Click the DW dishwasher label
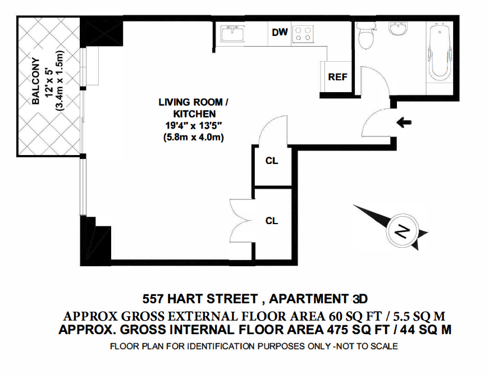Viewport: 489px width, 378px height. tap(280, 32)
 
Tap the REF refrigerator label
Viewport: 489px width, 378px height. tap(337, 77)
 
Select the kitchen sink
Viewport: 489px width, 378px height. tap(232, 33)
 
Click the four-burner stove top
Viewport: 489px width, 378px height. tap(303, 34)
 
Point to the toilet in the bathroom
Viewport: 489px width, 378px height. tap(364, 35)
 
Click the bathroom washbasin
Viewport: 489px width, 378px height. tap(399, 29)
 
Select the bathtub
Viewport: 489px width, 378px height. tap(440, 53)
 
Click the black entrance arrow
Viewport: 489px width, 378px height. tap(404, 122)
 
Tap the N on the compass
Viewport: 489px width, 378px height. tap(402, 231)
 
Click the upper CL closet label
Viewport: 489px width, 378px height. tap(271, 161)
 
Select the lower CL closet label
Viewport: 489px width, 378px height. tap(271, 221)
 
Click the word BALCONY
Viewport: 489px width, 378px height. tap(36, 81)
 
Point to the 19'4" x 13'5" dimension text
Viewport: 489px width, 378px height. tap(193, 126)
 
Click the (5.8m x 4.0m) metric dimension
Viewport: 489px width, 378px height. tap(193, 137)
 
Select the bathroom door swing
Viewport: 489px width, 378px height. tap(374, 80)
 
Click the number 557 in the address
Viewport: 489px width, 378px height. tap(153, 299)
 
